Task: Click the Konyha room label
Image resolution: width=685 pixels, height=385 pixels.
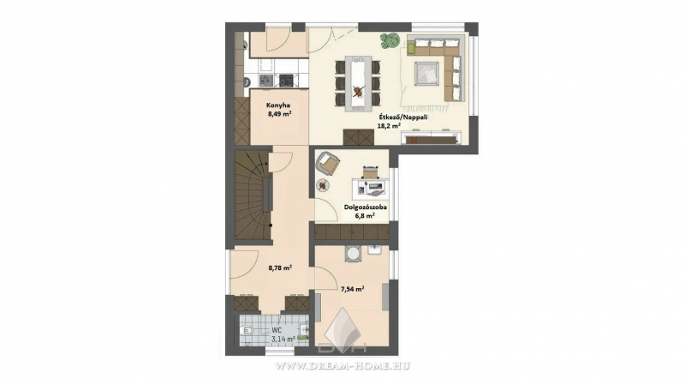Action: coord(278,105)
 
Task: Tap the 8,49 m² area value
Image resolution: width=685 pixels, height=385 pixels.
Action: coord(280,113)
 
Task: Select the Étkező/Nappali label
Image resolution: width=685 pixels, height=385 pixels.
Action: coord(403,117)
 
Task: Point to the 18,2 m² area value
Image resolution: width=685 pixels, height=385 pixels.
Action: coord(389,125)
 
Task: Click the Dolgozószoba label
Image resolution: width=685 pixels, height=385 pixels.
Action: coord(366,208)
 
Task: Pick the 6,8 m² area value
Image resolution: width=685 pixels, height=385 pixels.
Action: coord(365,216)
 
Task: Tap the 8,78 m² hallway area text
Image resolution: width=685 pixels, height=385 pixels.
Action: coord(280,268)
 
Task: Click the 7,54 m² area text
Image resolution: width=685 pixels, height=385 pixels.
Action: coord(353,289)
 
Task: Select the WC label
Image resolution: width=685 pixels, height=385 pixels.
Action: coord(277,330)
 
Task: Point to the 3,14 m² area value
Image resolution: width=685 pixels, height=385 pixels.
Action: coord(283,339)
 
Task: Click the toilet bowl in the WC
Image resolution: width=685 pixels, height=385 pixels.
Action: coord(247,330)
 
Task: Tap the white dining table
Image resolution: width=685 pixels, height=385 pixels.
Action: coord(358,82)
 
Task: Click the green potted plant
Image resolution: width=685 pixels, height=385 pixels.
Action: coord(390,40)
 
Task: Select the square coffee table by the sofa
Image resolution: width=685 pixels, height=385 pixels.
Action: coord(426,73)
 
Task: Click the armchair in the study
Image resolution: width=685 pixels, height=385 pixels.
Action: coord(328,163)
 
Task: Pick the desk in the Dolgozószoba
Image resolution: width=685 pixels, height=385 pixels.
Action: coord(371,187)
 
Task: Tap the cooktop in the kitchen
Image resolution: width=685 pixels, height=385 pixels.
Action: coord(287,80)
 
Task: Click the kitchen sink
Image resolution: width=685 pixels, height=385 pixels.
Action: coord(266,80)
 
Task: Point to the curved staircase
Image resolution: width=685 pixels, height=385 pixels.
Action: coord(252,195)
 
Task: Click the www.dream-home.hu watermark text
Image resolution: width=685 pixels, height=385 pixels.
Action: coord(341,366)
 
